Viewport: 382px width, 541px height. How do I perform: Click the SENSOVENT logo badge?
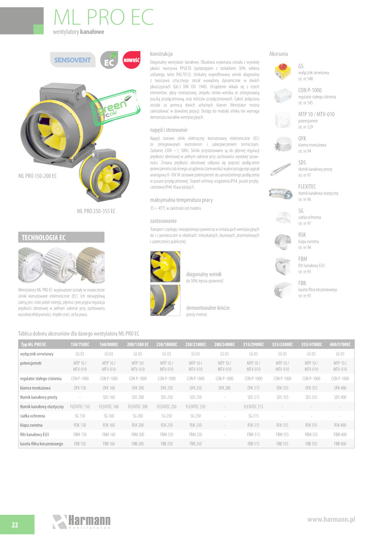[x=73, y=60]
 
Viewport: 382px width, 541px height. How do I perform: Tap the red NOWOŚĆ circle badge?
[x=131, y=60]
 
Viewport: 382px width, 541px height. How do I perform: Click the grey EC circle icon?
[x=109, y=60]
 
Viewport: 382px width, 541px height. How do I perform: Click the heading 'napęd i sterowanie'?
[x=168, y=130]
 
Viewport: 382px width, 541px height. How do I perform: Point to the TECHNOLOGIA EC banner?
[x=61, y=237]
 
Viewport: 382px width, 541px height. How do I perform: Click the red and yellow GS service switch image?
[x=283, y=71]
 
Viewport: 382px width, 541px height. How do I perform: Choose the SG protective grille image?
[x=283, y=217]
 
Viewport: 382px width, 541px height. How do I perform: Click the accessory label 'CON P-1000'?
[x=310, y=90]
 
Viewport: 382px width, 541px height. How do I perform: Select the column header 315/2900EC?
[x=253, y=344]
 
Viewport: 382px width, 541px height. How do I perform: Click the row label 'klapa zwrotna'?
[x=31, y=425]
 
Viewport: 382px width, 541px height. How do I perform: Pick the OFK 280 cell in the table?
[x=225, y=388]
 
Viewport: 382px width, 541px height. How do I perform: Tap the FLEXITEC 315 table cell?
[x=253, y=407]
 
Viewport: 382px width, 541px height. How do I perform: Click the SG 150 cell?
[x=80, y=416]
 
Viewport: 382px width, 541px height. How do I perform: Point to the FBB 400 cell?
[x=340, y=444]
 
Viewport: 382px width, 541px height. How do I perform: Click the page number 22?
[x=15, y=525]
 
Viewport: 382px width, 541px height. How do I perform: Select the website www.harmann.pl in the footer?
[x=331, y=519]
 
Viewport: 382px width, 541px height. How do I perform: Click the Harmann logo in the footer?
[x=82, y=522]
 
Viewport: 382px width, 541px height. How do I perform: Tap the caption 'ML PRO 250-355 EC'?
[x=96, y=211]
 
